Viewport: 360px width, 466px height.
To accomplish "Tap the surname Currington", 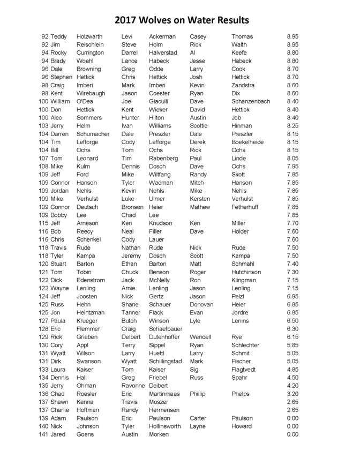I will tap(90, 53).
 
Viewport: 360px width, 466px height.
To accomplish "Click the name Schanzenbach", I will tap(251, 101).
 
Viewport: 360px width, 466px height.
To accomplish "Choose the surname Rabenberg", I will tap(163, 159).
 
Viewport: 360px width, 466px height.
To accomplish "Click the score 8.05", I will tap(292, 159).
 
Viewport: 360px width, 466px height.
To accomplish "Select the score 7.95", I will tap(292, 167).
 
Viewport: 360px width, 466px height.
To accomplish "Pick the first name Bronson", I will tap(132, 207).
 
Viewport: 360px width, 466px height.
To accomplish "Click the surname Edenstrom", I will tap(91, 280).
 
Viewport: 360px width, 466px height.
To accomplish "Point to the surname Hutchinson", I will tap(246, 272).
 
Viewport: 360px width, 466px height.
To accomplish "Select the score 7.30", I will tap(292, 272).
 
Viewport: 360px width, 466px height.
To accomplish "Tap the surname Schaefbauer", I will tap(166, 329).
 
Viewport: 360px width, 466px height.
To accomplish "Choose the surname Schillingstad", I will tap(165, 362).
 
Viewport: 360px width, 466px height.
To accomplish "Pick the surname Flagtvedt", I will tap(247, 370).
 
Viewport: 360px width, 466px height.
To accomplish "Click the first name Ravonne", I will tap(133, 386).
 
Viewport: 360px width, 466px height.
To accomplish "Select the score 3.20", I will tap(292, 394).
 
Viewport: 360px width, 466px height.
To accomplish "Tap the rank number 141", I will tap(43, 434).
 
